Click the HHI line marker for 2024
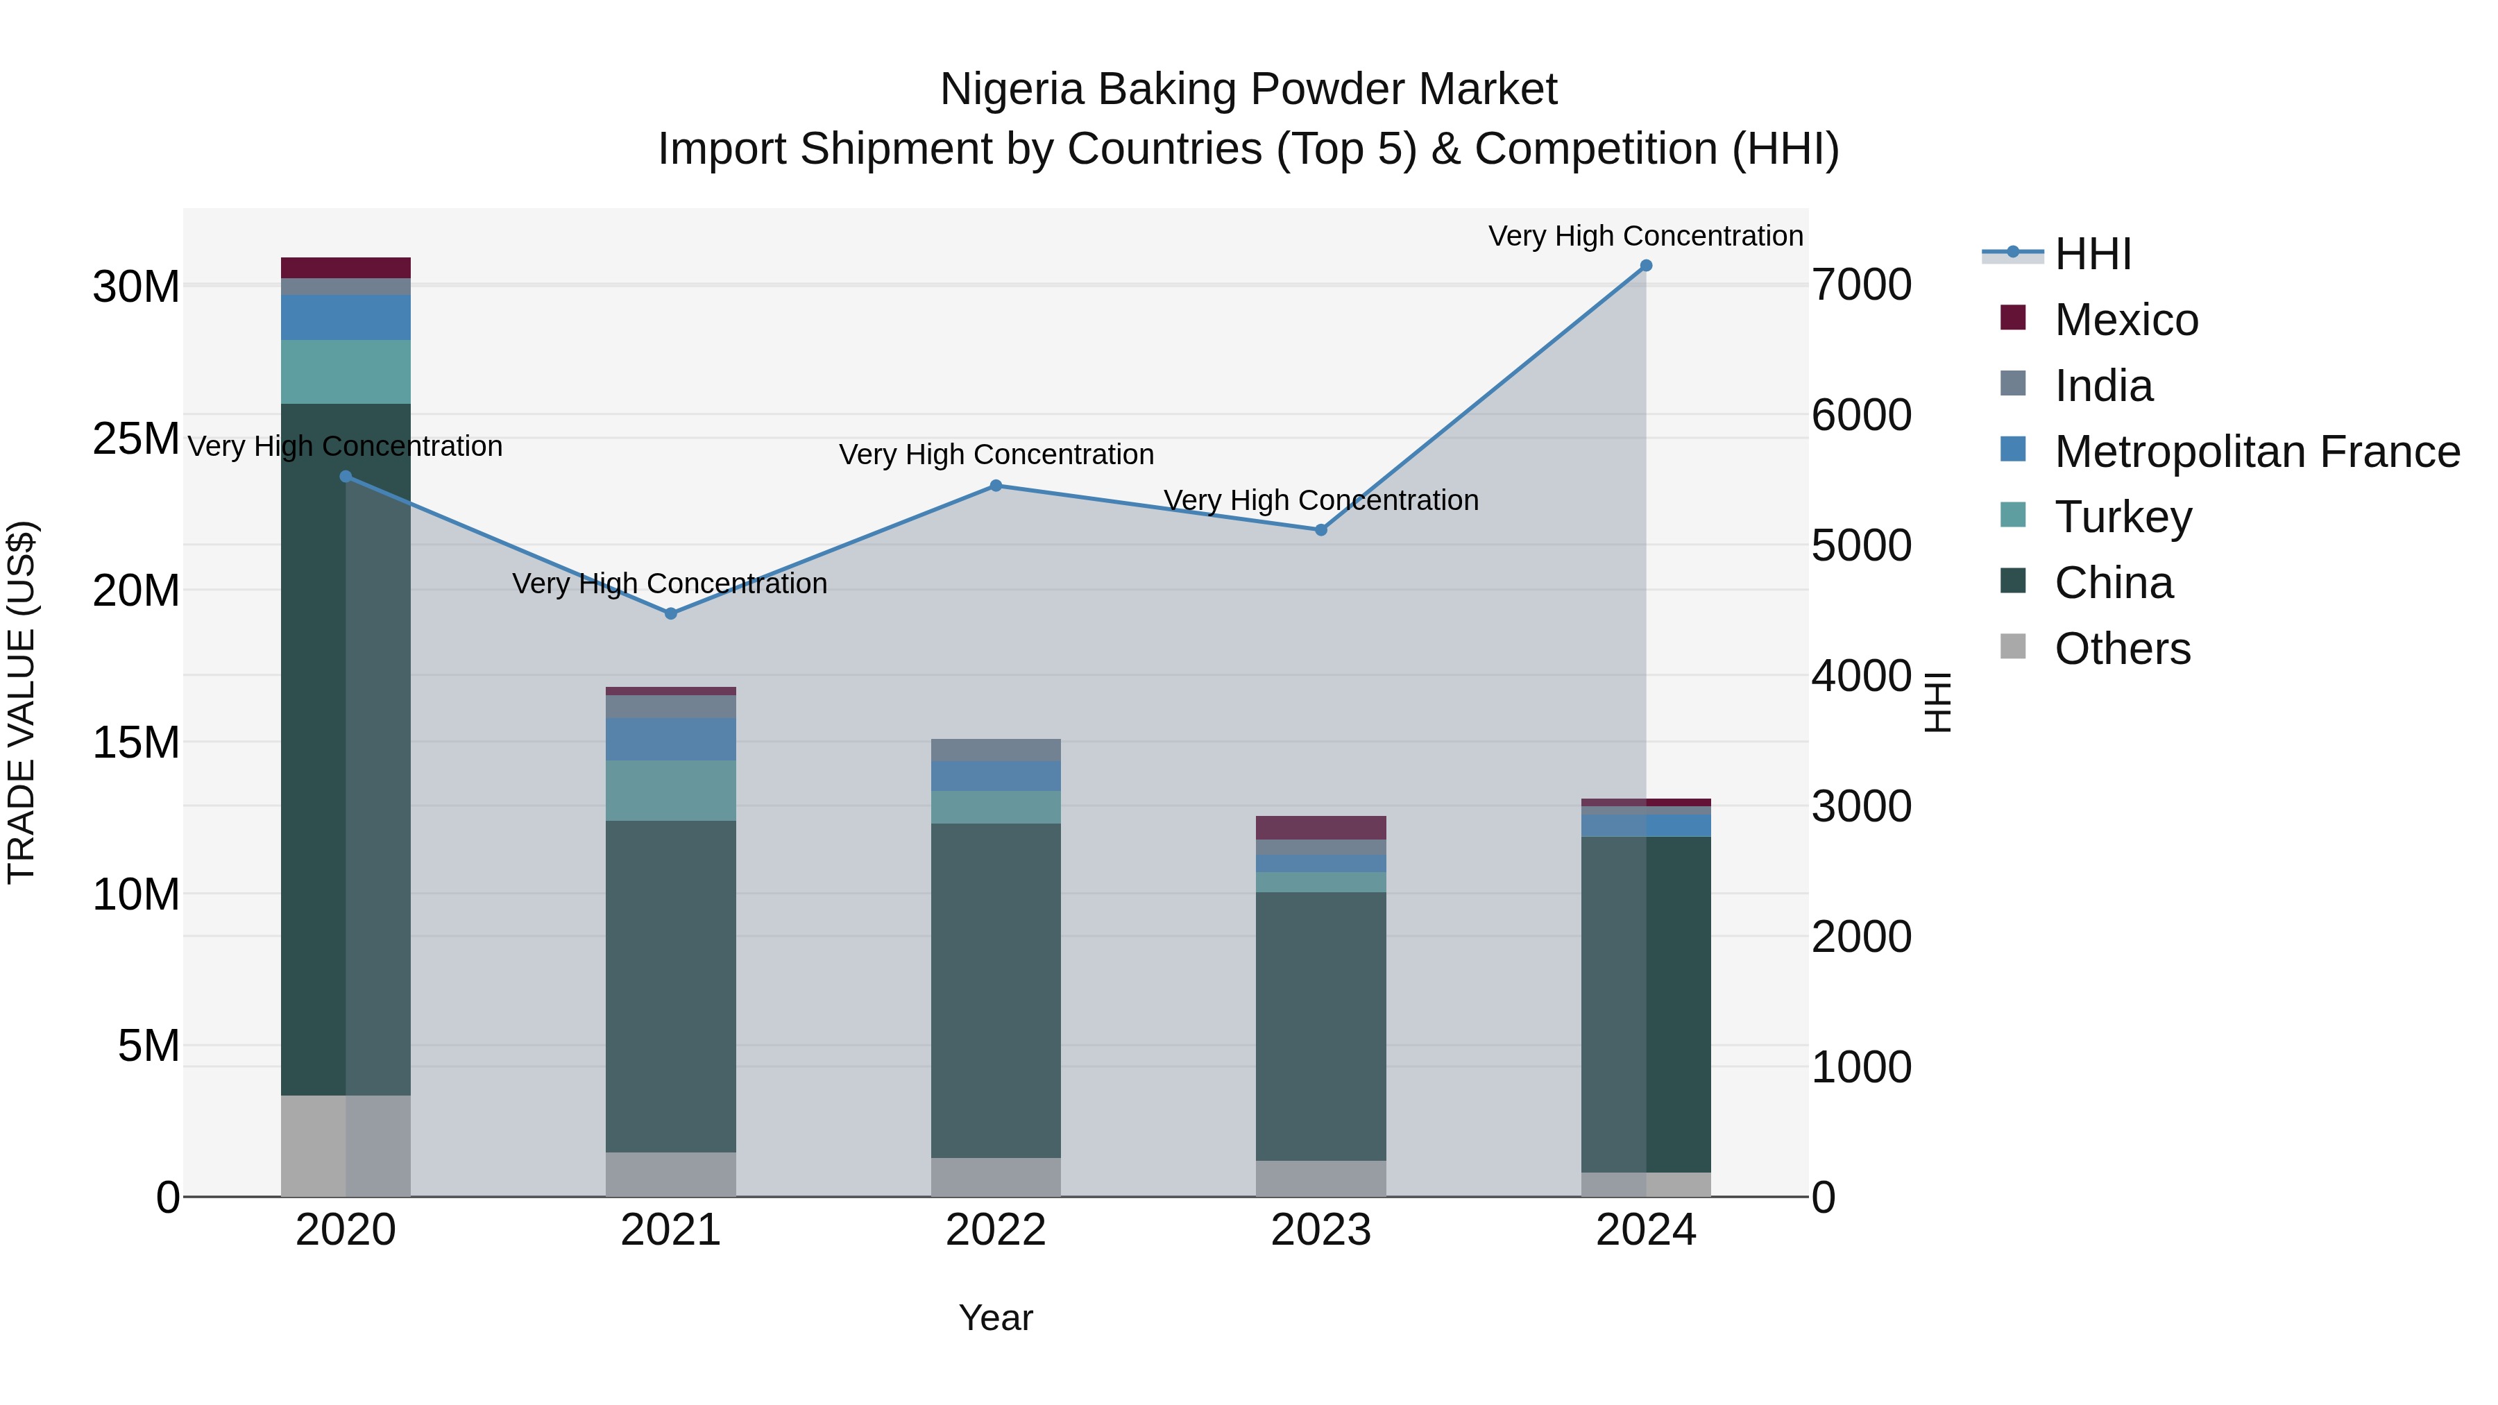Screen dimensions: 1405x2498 (x=1646, y=266)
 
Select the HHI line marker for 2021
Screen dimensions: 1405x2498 (x=671, y=614)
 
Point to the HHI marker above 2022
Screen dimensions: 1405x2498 (x=996, y=486)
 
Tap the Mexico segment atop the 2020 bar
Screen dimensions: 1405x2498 (x=346, y=268)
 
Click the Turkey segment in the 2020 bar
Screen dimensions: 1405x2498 (x=346, y=371)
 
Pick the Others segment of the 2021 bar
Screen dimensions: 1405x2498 (x=671, y=1173)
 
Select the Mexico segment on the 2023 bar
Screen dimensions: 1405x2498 (x=1320, y=827)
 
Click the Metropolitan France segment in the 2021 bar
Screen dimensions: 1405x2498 (x=671, y=739)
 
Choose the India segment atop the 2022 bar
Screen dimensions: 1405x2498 (x=996, y=749)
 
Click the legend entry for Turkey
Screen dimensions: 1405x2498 (x=2123, y=517)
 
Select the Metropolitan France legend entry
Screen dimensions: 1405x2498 (x=2257, y=452)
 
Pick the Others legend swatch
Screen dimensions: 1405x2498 (x=2013, y=647)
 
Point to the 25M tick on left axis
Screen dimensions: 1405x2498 (x=136, y=439)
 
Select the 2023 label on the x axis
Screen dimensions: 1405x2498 (x=1320, y=1230)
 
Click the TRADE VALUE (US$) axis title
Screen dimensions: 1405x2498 (x=22, y=702)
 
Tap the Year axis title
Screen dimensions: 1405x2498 (x=996, y=1318)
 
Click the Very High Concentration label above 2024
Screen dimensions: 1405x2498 (x=1646, y=236)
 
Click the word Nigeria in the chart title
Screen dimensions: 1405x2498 (x=1012, y=90)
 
